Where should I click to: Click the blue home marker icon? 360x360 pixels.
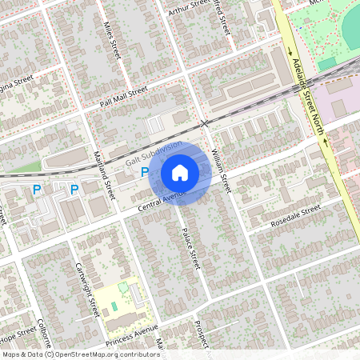180,172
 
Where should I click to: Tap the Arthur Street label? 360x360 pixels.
189,9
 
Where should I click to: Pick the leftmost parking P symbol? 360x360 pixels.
36,190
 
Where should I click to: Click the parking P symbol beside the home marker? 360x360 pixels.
145,172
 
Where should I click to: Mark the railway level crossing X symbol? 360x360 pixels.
205,123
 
